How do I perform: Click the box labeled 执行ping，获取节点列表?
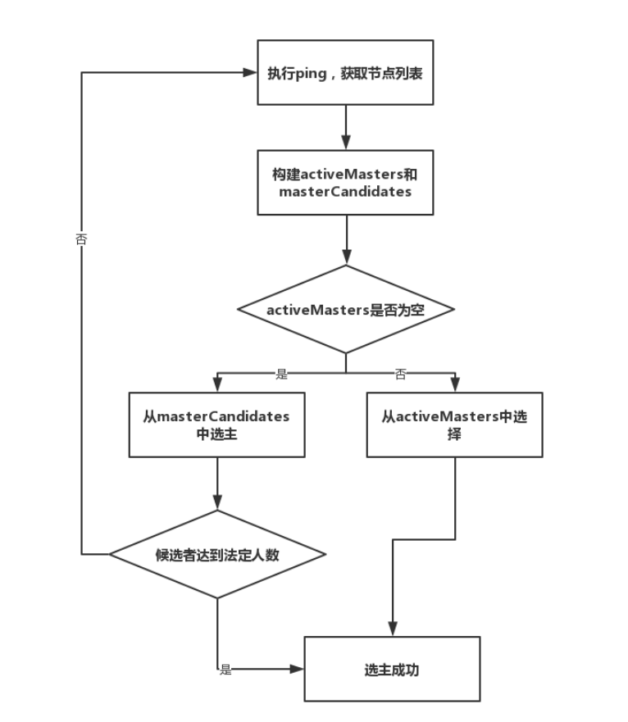[345, 72]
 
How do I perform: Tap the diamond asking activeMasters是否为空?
[345, 310]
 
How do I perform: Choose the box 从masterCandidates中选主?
[216, 424]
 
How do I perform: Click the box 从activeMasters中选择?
[454, 424]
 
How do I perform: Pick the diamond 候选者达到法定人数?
[217, 555]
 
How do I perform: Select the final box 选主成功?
[391, 669]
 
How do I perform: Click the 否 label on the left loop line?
[81, 240]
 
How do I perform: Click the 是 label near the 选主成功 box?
[225, 670]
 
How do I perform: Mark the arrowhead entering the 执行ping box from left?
[250, 72]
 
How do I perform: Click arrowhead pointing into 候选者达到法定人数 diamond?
[217, 503]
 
